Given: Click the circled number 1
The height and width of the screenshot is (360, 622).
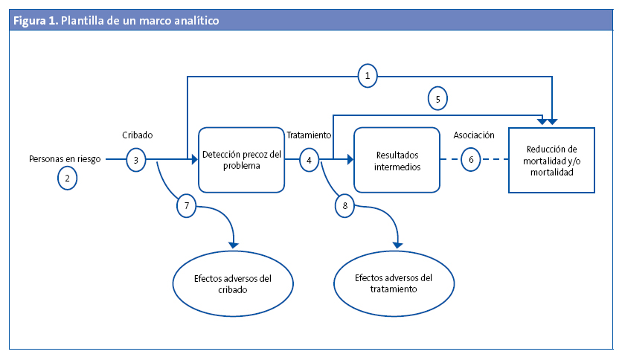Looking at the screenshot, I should [x=367, y=75].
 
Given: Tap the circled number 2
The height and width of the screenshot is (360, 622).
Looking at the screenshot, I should [x=68, y=178].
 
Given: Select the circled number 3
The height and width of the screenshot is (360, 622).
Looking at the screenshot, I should [x=135, y=159].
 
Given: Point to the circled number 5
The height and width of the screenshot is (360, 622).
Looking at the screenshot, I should [x=438, y=97].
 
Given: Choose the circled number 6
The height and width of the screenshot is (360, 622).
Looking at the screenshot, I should [x=470, y=159].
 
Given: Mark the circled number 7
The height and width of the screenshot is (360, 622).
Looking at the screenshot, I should [x=187, y=205].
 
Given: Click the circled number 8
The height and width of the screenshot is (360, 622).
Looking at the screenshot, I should [x=344, y=205].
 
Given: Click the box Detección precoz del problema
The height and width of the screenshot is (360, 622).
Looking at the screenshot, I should [x=242, y=160].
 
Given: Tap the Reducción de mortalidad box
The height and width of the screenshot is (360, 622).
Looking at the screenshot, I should [x=551, y=161].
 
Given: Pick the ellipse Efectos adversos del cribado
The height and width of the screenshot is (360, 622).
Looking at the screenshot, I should [x=232, y=284].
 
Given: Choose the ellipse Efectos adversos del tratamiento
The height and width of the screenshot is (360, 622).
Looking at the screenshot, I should [x=394, y=283].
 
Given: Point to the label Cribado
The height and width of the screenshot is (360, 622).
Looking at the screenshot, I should [x=138, y=135].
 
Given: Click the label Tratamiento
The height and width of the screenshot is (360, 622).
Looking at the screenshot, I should [x=309, y=135].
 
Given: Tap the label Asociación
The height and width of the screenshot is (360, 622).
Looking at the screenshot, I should [x=474, y=135].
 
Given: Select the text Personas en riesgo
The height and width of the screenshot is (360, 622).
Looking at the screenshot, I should [x=65, y=158].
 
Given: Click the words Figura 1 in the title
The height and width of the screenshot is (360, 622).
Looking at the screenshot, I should [x=35, y=21].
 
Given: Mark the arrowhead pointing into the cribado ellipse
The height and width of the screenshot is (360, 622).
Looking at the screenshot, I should [x=235, y=243].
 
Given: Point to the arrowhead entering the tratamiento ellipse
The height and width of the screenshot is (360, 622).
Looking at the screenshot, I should [x=397, y=243].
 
